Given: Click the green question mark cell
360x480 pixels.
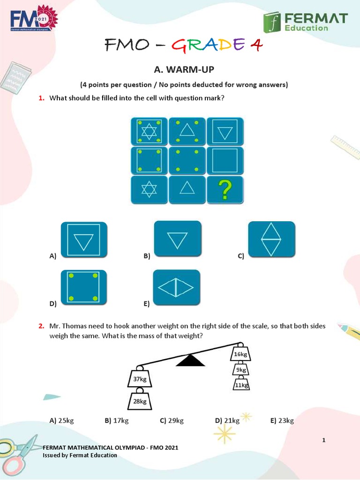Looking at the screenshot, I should [225, 190].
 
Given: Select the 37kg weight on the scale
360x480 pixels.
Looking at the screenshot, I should [140, 379].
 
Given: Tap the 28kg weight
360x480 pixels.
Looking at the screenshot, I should [140, 401].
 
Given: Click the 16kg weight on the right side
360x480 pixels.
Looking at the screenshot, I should [240, 354].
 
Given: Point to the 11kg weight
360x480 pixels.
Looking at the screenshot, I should [240, 385].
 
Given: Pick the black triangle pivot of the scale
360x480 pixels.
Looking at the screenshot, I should [190, 360].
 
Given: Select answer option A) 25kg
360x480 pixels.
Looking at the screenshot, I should [61, 420].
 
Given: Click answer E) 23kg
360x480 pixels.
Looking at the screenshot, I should [282, 420].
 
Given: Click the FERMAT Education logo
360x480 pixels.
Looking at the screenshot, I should [305, 22].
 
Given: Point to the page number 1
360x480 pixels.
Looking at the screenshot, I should [323, 440].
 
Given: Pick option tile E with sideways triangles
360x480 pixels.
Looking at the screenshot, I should [176, 287].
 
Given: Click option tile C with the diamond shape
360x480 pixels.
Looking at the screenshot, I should [271, 239].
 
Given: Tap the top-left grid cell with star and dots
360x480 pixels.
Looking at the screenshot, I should [149, 131].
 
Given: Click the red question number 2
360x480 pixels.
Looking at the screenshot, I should [41, 326].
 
